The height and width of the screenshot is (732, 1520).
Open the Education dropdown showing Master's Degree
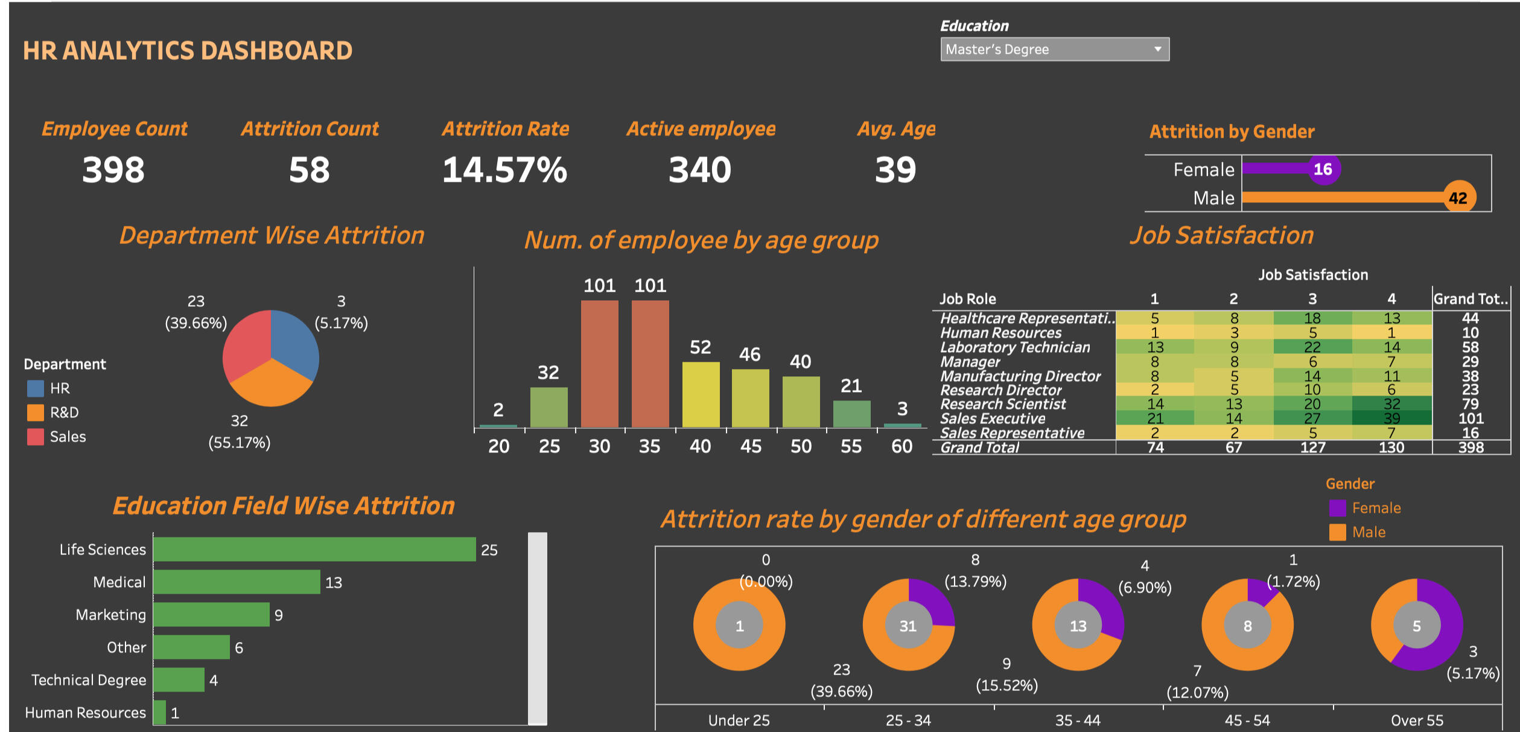pos(1054,50)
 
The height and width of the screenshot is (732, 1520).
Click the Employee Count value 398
pos(113,170)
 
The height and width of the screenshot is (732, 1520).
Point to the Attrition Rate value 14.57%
pos(504,170)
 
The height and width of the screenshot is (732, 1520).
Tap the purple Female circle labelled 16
pos(1323,169)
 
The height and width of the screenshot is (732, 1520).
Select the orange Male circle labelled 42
pos(1458,197)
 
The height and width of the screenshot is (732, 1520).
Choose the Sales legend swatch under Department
pos(36,437)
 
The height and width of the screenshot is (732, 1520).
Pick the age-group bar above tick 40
pos(701,395)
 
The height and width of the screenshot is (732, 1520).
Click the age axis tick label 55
pos(851,446)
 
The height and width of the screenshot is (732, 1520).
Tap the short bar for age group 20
pos(498,426)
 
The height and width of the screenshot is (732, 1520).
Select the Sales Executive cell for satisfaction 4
pos(1391,418)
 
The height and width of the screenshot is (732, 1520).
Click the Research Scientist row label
pos(1003,404)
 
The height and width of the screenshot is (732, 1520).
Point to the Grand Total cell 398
pos(1471,448)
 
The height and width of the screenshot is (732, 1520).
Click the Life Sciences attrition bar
pos(314,549)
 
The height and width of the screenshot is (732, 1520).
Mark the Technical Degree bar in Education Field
pos(179,679)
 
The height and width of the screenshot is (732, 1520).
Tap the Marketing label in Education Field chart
pos(110,615)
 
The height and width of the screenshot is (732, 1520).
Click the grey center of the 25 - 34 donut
pos(908,626)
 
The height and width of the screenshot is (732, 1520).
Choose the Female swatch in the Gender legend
pos(1337,508)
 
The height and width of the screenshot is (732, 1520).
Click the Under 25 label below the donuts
pos(739,721)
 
